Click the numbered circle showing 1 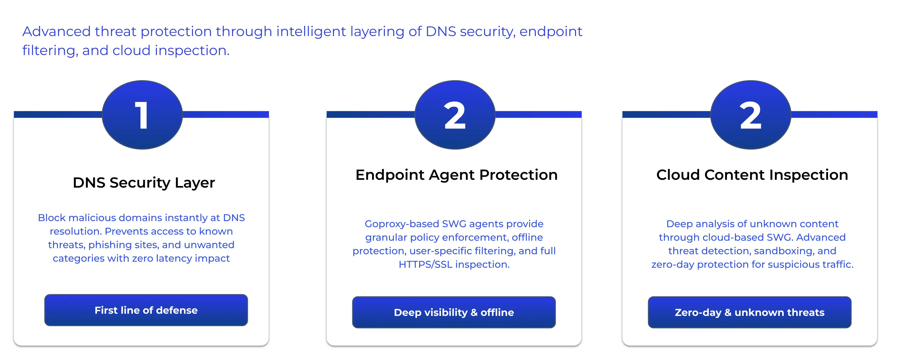click(142, 115)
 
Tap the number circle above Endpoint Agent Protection click(455, 115)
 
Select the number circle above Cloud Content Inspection click(751, 115)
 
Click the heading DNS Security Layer click(144, 183)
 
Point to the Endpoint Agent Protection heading click(456, 175)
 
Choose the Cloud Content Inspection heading click(752, 175)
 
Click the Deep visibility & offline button click(454, 312)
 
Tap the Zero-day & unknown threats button click(750, 312)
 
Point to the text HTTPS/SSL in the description click(425, 264)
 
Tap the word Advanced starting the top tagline click(56, 31)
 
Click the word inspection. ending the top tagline click(192, 51)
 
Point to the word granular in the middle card click(386, 238)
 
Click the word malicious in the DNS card click(93, 218)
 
